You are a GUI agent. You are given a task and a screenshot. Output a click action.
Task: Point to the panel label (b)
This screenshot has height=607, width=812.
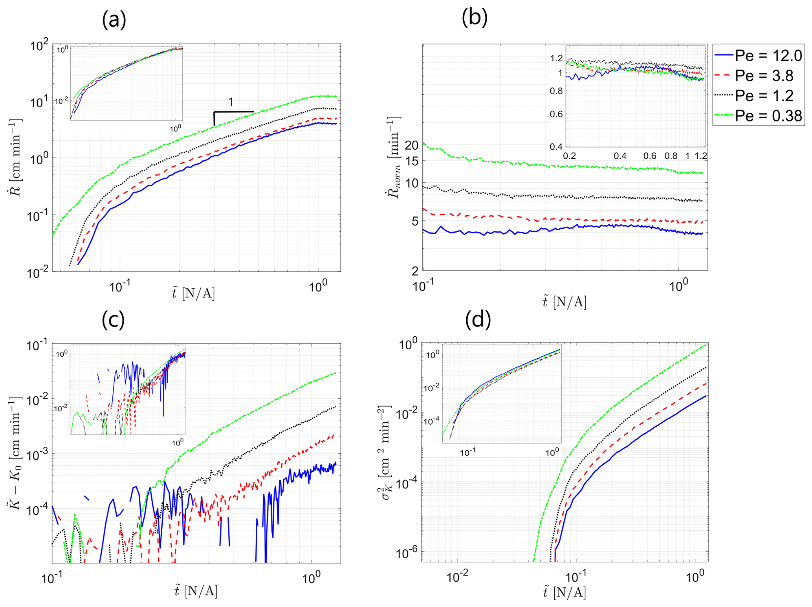475,17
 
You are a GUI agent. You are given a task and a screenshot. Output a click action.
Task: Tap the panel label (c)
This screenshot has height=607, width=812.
113,319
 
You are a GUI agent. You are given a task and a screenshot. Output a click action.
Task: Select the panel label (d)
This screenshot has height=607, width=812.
478,319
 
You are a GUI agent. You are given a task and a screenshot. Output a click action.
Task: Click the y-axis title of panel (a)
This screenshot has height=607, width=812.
16,157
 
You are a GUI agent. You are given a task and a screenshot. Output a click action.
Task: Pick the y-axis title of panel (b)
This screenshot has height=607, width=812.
393,157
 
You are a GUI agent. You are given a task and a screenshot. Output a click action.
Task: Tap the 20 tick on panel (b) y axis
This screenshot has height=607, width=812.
412,145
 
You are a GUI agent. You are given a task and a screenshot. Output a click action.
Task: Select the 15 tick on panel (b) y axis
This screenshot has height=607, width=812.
412,161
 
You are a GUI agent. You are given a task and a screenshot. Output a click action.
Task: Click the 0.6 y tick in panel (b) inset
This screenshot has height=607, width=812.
557,114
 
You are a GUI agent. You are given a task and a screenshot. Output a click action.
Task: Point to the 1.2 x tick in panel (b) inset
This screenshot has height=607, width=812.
701,156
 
